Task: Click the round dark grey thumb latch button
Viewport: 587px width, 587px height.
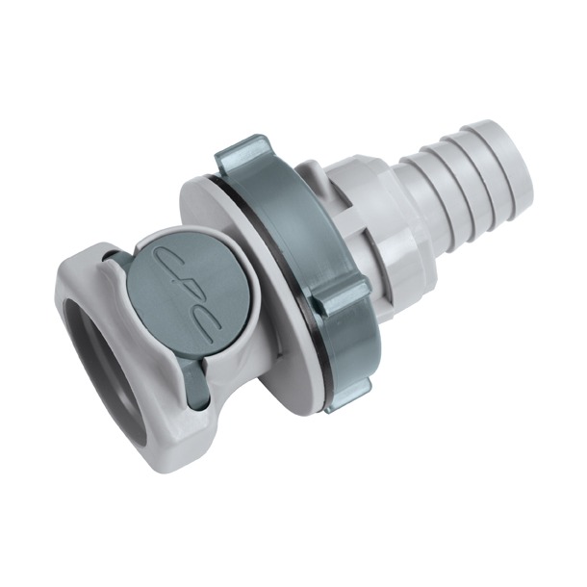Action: pyautogui.click(x=179, y=290)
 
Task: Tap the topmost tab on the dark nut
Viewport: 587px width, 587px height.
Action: pyautogui.click(x=242, y=154)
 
